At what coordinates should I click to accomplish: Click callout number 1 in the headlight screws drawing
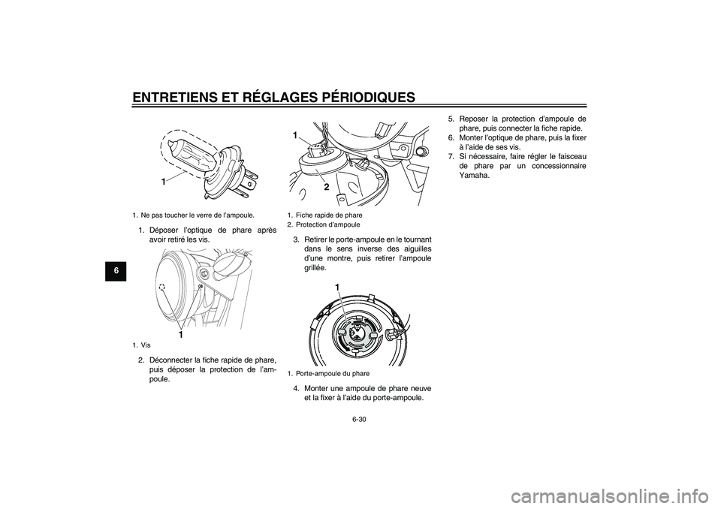pyautogui.click(x=180, y=334)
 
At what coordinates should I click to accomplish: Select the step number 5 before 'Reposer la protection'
pyautogui.click(x=451, y=118)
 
